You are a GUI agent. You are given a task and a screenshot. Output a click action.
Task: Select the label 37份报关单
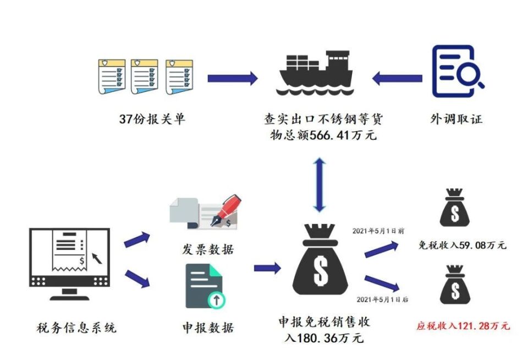(x=152, y=119)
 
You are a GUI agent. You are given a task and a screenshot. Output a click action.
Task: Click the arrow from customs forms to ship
(x=232, y=78)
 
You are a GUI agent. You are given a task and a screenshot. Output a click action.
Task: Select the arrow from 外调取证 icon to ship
(x=397, y=78)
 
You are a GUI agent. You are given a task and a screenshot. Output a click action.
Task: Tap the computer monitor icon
(x=69, y=263)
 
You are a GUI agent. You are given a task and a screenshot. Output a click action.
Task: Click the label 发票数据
(x=207, y=249)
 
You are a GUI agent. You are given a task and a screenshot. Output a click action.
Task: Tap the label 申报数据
(x=207, y=329)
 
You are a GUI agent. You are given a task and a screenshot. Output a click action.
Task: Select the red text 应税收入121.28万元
(x=463, y=326)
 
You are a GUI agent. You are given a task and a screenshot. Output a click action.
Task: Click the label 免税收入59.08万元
(x=463, y=246)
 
